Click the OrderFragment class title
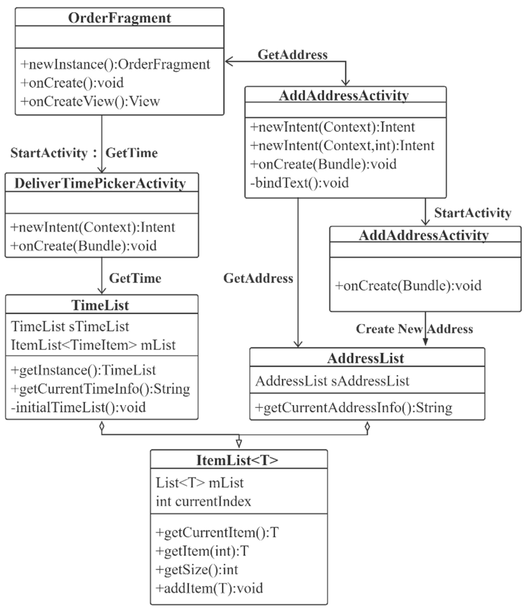(119, 18)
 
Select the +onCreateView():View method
(90, 101)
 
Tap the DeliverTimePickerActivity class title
(100, 183)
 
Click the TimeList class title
(100, 305)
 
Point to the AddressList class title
(366, 358)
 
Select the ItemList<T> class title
(237, 460)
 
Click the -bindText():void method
(299, 183)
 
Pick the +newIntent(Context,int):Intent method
(342, 146)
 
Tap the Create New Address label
(414, 329)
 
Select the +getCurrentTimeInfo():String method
(100, 389)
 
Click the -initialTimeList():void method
(78, 408)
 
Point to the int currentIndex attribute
(203, 501)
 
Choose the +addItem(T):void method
(209, 588)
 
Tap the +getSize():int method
(197, 570)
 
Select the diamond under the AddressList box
(367, 426)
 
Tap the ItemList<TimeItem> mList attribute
(93, 345)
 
